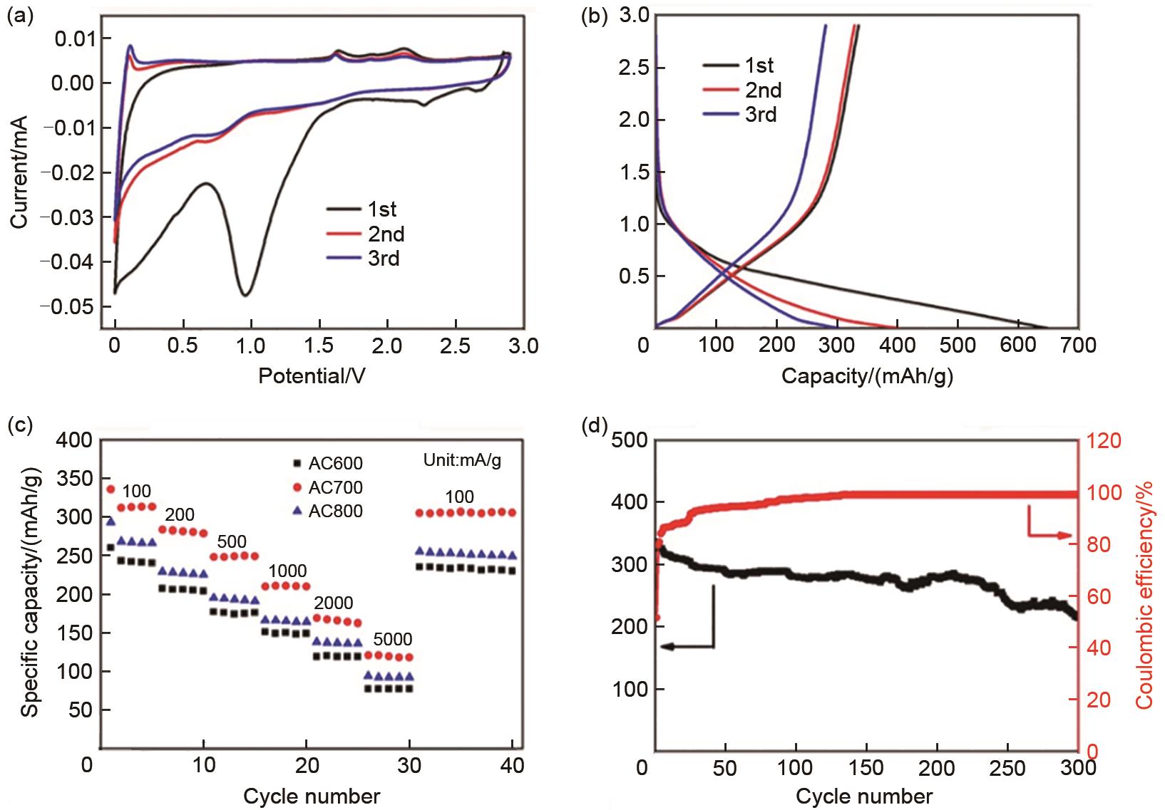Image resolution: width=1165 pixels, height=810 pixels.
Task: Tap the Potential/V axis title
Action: pyautogui.click(x=312, y=375)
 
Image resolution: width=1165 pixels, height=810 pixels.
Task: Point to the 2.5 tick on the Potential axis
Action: pyautogui.click(x=455, y=346)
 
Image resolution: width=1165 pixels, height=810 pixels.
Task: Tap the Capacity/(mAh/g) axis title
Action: pyautogui.click(x=867, y=376)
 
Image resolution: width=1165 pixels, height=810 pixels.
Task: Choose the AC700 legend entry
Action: pyautogui.click(x=335, y=487)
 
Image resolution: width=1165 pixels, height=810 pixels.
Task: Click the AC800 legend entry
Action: pyautogui.click(x=335, y=511)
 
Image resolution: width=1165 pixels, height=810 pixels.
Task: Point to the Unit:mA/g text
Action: pyautogui.click(x=462, y=460)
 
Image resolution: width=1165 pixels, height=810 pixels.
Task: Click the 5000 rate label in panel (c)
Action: pyautogui.click(x=393, y=639)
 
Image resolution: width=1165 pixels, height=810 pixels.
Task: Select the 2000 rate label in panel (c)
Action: pyautogui.click(x=333, y=603)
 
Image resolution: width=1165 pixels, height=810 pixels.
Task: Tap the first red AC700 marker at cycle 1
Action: pyautogui.click(x=111, y=489)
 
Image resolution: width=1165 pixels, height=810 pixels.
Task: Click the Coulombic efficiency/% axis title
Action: pyautogui.click(x=1144, y=594)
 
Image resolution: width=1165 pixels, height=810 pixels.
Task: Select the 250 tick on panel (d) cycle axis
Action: pyautogui.click(x=1007, y=769)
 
